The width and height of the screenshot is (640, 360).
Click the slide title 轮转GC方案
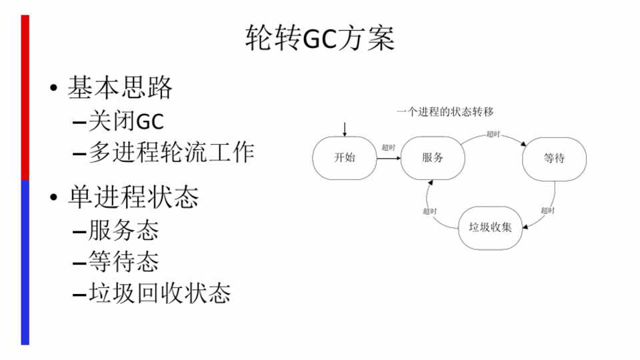[320, 39]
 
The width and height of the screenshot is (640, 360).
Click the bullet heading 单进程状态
[133, 197]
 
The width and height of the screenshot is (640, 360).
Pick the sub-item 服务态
[123, 231]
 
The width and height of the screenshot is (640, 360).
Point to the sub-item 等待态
[123, 261]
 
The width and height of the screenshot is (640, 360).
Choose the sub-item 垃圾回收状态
[159, 293]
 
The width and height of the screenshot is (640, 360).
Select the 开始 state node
[344, 158]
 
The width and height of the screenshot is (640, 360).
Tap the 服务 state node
[433, 158]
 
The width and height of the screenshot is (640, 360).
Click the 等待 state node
[554, 159]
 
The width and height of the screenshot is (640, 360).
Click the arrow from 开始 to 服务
[389, 159]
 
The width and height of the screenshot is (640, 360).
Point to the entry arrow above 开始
[344, 128]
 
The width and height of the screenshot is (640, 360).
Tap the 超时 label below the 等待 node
[547, 211]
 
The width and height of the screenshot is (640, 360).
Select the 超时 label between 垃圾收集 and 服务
[430, 211]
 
